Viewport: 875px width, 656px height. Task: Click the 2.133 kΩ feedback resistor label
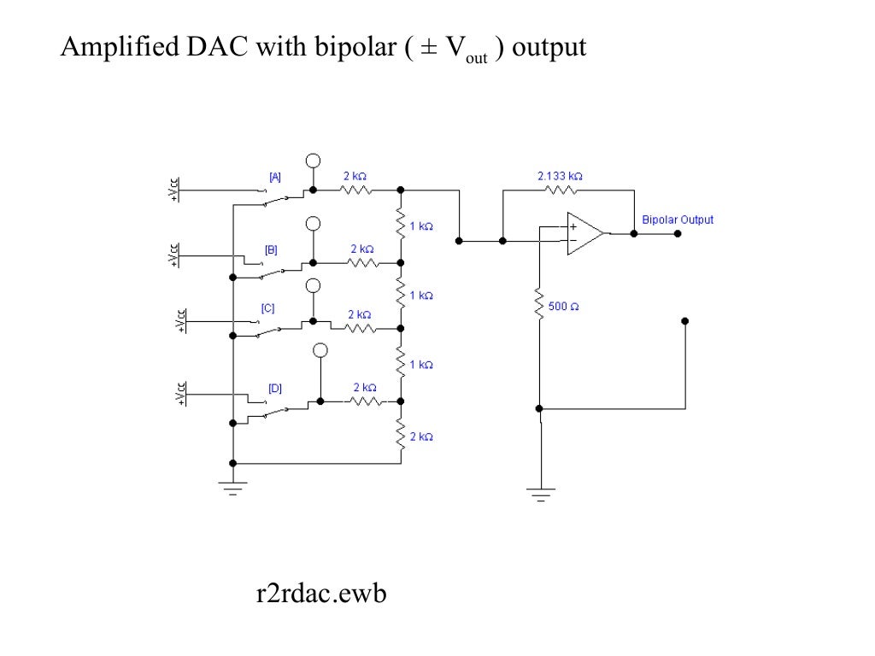click(x=560, y=175)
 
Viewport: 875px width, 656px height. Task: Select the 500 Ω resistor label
click(x=565, y=306)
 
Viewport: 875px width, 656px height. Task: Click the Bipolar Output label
click(x=678, y=220)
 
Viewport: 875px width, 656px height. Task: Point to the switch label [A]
click(x=274, y=177)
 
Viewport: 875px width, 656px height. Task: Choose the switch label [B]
click(x=271, y=249)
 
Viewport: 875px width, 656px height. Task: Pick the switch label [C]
click(x=267, y=307)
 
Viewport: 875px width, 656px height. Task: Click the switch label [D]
click(x=274, y=388)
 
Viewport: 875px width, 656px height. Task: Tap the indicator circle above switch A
click(x=314, y=161)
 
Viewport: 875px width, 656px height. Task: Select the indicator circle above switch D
click(x=320, y=350)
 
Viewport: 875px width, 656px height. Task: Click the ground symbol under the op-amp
click(x=540, y=492)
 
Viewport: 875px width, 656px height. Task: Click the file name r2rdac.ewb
click(x=321, y=593)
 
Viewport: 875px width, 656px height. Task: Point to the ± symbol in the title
click(x=427, y=48)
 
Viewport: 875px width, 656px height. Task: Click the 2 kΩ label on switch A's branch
click(x=355, y=175)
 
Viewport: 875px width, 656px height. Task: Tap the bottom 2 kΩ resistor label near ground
click(x=420, y=436)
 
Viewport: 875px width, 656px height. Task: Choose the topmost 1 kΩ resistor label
click(x=420, y=226)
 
